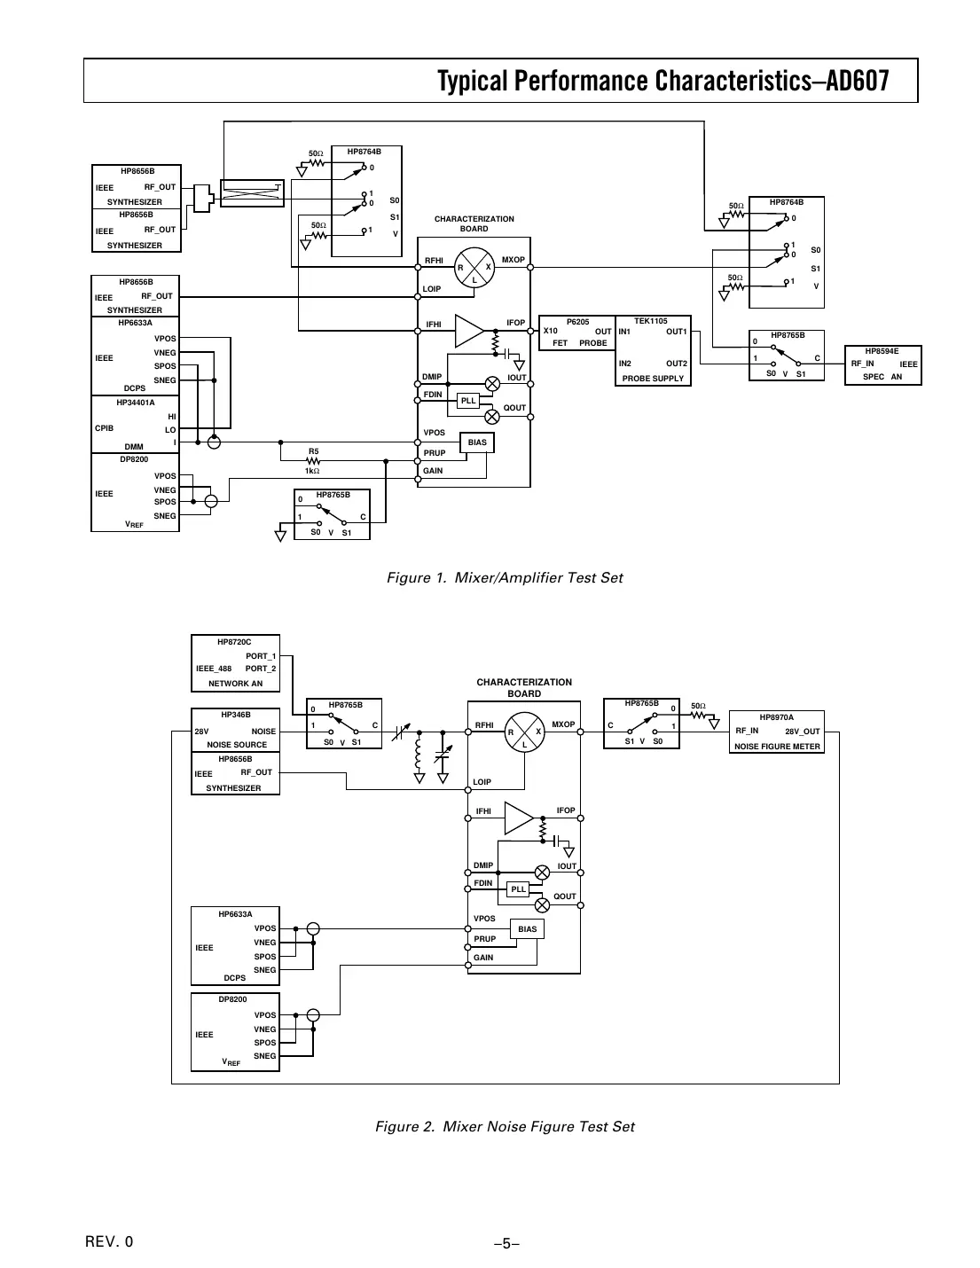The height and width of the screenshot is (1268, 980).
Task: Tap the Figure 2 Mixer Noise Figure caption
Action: coord(505,1127)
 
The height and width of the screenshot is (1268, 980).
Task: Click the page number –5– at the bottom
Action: coord(506,1243)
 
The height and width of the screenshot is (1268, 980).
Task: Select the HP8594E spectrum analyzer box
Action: coord(882,364)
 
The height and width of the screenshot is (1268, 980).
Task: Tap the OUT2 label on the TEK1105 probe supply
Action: coord(676,364)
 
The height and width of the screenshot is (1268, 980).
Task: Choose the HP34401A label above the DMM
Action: coord(136,403)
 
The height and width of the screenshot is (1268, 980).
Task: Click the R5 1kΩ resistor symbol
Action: coord(313,460)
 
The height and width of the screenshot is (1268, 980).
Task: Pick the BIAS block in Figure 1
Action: coord(477,442)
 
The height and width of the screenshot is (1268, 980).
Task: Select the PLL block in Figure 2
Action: coord(519,889)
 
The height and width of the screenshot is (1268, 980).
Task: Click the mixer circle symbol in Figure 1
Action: coord(474,267)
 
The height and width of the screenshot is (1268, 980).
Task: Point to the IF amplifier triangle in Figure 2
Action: coord(518,818)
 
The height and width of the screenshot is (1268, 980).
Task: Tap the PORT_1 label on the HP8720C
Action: coord(261,656)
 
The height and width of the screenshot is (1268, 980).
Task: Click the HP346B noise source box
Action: coord(236,730)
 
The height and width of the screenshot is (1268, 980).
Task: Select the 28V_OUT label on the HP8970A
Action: coord(802,732)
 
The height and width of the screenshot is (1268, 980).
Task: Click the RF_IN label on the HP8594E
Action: coord(862,364)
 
